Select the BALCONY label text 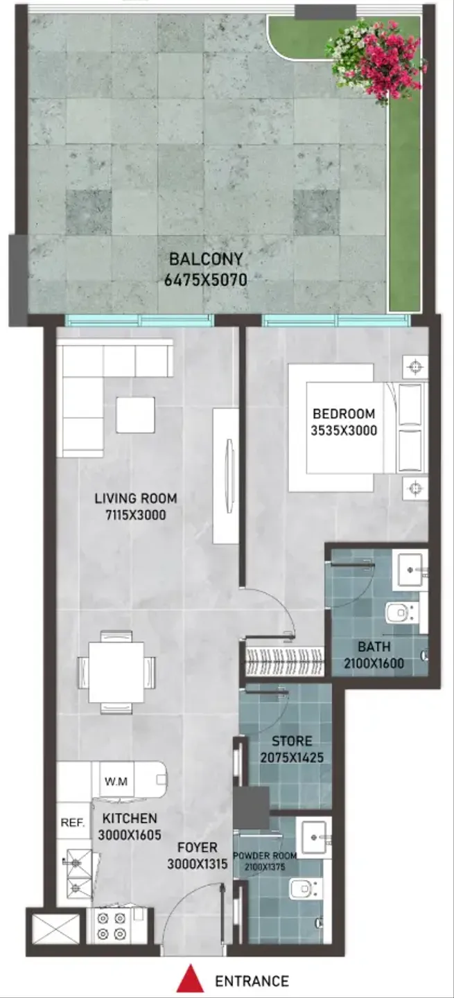(x=207, y=259)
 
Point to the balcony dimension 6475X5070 (x=206, y=280)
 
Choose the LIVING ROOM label (x=136, y=498)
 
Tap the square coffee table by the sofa (x=135, y=414)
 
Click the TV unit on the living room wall (x=225, y=475)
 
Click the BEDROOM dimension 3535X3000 (x=344, y=431)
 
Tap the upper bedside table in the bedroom (x=415, y=367)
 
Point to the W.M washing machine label (x=116, y=781)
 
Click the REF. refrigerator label (x=73, y=823)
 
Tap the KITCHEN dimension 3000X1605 (x=130, y=835)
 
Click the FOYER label (x=198, y=847)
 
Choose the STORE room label (x=292, y=741)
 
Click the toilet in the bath (x=402, y=613)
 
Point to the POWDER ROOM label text (x=265, y=855)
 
